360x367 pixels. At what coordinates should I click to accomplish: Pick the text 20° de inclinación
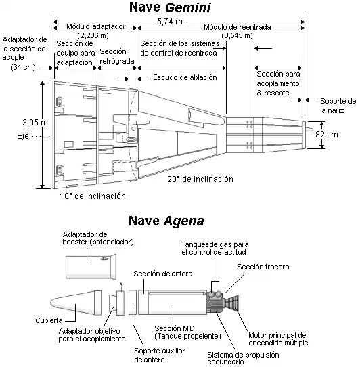tap(200, 179)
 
